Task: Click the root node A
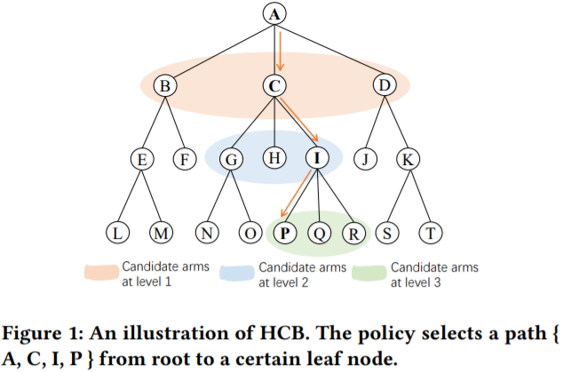274,14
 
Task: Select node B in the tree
165,86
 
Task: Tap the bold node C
274,86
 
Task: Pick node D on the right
385,86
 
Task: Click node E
140,159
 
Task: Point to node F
185,159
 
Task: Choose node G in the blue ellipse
231,159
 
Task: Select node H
274,159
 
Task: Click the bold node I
318,159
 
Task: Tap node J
364,159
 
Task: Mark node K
408,159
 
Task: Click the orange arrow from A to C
281,50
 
